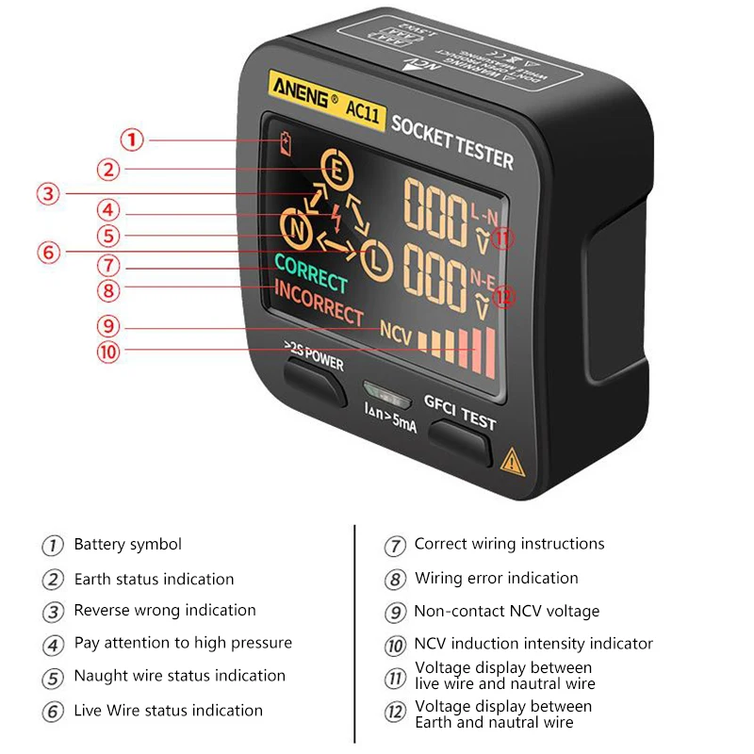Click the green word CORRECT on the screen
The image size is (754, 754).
coord(311,272)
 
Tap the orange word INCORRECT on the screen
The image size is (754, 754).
coord(319,302)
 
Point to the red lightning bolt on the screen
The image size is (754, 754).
coord(336,215)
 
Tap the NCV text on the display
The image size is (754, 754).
coord(397,332)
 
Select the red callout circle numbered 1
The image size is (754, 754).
coord(132,140)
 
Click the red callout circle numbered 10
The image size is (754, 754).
coord(108,352)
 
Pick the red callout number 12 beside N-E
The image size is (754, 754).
coord(505,297)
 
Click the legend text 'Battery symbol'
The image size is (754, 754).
coord(128,545)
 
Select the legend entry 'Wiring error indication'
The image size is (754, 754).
coord(497,578)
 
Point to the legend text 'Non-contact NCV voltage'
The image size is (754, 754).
coord(507,612)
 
